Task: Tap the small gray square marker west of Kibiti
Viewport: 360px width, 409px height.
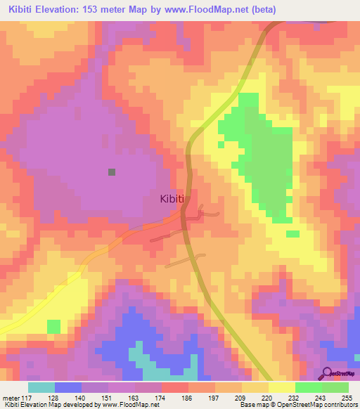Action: click(112, 171)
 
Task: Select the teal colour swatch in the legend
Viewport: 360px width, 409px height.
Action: click(41, 387)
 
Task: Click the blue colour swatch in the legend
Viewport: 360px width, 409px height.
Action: click(68, 387)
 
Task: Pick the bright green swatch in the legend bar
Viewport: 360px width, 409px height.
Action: click(309, 387)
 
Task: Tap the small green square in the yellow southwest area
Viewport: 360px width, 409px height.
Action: click(54, 327)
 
